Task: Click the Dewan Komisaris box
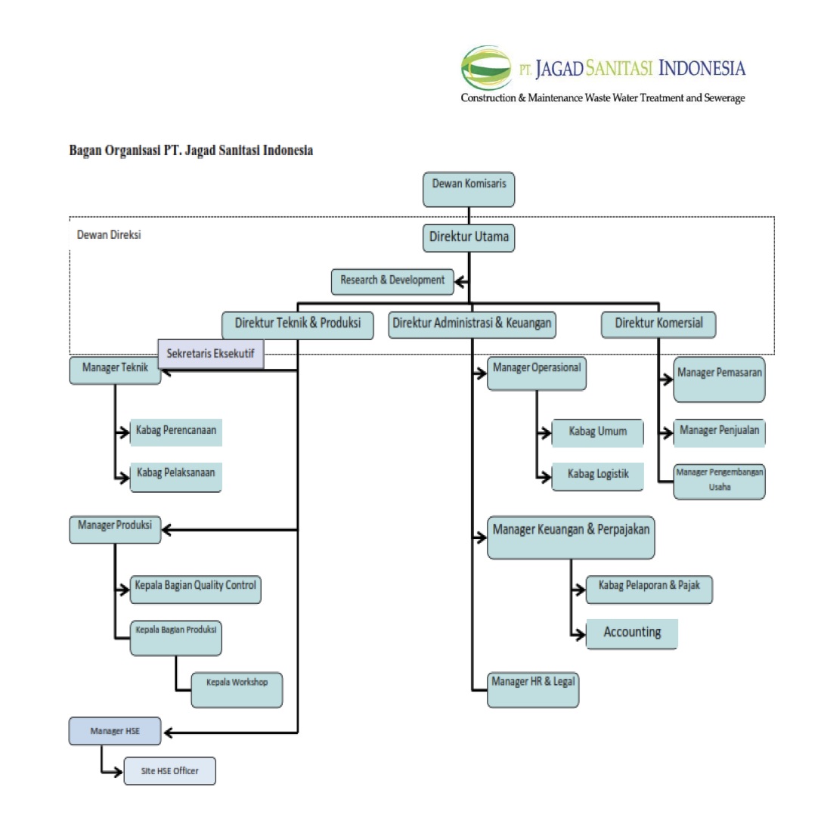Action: [469, 190]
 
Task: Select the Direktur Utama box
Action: [469, 237]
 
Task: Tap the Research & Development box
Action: [392, 281]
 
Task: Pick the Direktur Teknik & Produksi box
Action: [298, 324]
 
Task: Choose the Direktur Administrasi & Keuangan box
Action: [472, 324]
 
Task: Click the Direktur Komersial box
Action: [658, 324]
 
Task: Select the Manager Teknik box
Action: [115, 370]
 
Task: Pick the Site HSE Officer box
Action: [169, 771]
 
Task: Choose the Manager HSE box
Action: [115, 731]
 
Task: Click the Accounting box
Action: [632, 633]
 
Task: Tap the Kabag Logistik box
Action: [598, 476]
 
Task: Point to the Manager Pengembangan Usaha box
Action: [719, 481]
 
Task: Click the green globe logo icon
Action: [486, 69]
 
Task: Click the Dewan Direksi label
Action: [109, 235]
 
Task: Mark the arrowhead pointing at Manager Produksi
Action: [168, 530]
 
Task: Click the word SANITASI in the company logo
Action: [620, 70]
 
